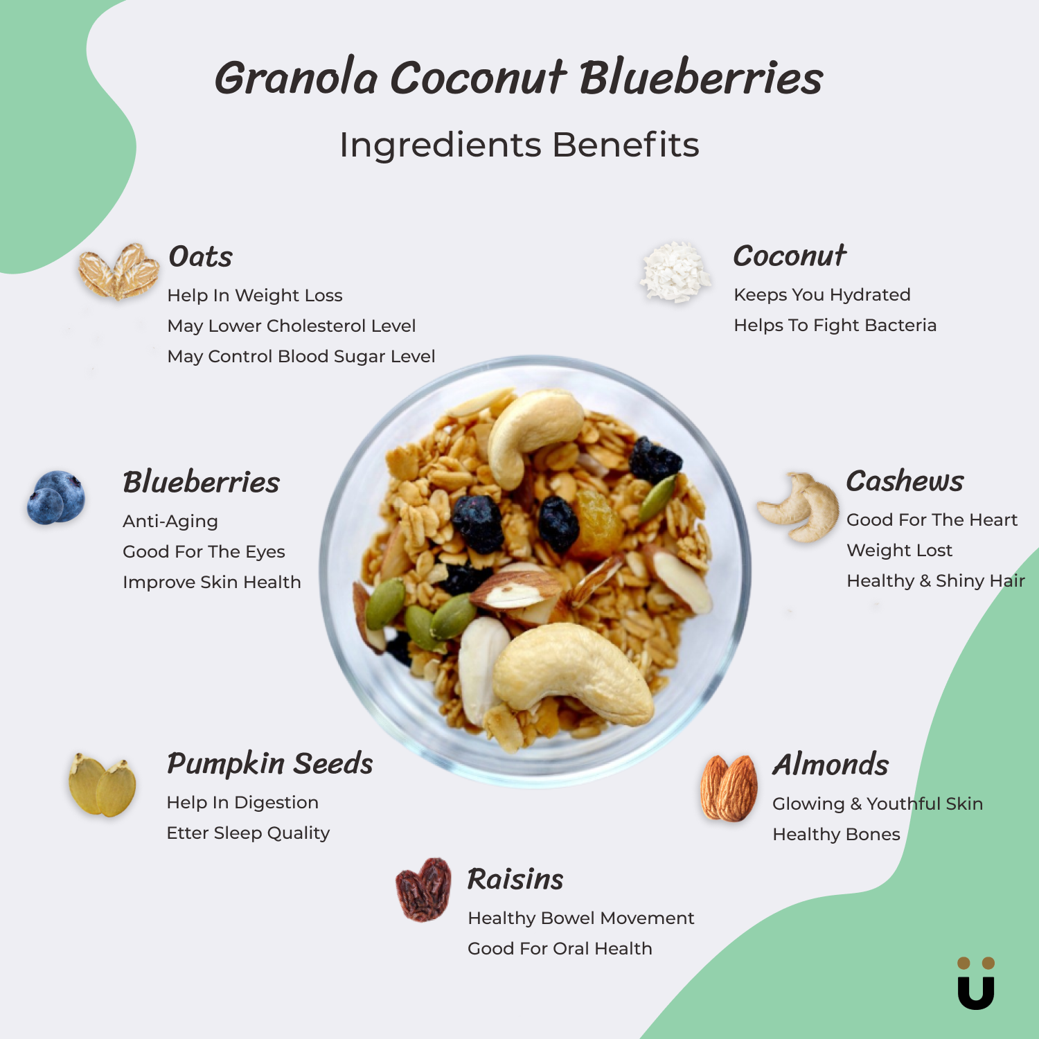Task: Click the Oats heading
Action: pyautogui.click(x=201, y=256)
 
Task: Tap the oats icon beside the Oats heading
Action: pyautogui.click(x=118, y=272)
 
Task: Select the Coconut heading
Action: pyautogui.click(x=790, y=256)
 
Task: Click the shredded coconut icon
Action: pyautogui.click(x=675, y=272)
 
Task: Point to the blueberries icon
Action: pyautogui.click(x=56, y=497)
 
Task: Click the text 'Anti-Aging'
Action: pyautogui.click(x=170, y=522)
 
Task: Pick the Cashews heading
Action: pyautogui.click(x=905, y=481)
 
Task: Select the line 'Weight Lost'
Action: pyautogui.click(x=899, y=551)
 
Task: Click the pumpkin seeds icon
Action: pyautogui.click(x=103, y=785)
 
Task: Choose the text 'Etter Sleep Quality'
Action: pyautogui.click(x=248, y=833)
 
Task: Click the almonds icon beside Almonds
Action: pyautogui.click(x=729, y=788)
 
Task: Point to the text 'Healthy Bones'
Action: pyautogui.click(x=836, y=835)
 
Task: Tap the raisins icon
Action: pyautogui.click(x=423, y=889)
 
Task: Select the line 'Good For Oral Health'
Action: pyautogui.click(x=560, y=949)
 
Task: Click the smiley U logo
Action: pyautogui.click(x=976, y=983)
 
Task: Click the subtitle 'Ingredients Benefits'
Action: pyautogui.click(x=519, y=145)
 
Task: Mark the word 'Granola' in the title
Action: pyautogui.click(x=296, y=77)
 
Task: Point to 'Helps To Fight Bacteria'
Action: pyautogui.click(x=835, y=326)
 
